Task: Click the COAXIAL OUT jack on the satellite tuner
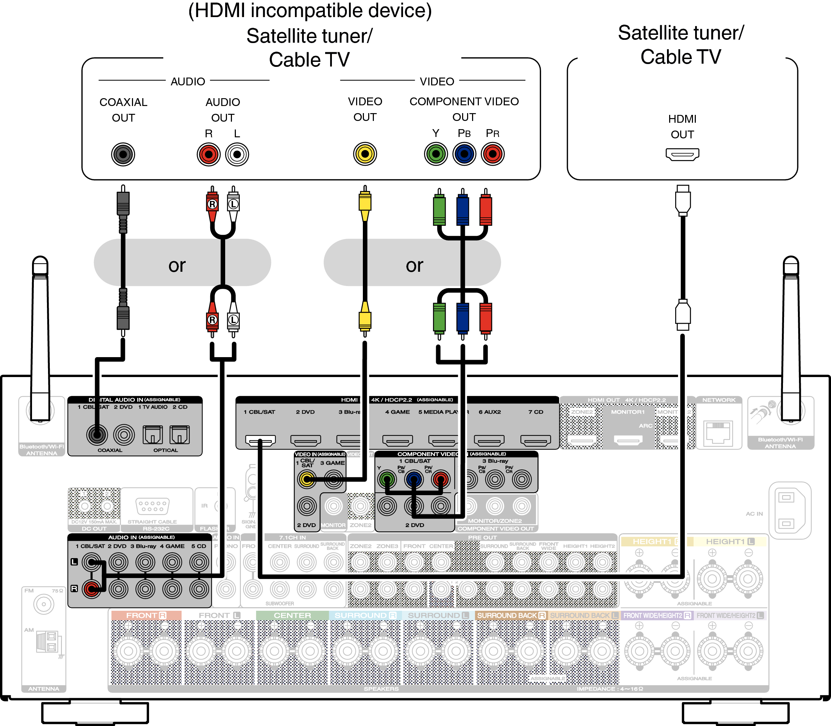123,154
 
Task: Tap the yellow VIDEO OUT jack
365,154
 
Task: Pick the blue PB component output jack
464,154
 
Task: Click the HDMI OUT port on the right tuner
682,154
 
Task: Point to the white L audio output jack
237,154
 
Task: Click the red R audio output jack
209,154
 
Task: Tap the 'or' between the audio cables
177,265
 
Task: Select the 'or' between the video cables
414,265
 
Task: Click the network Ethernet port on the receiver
718,434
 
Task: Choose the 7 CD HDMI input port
535,440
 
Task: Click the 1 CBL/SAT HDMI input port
260,440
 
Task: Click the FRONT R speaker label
146,615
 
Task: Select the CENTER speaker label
292,615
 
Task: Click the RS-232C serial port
152,507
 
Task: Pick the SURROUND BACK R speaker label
511,615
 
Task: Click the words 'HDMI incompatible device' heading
310,11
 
